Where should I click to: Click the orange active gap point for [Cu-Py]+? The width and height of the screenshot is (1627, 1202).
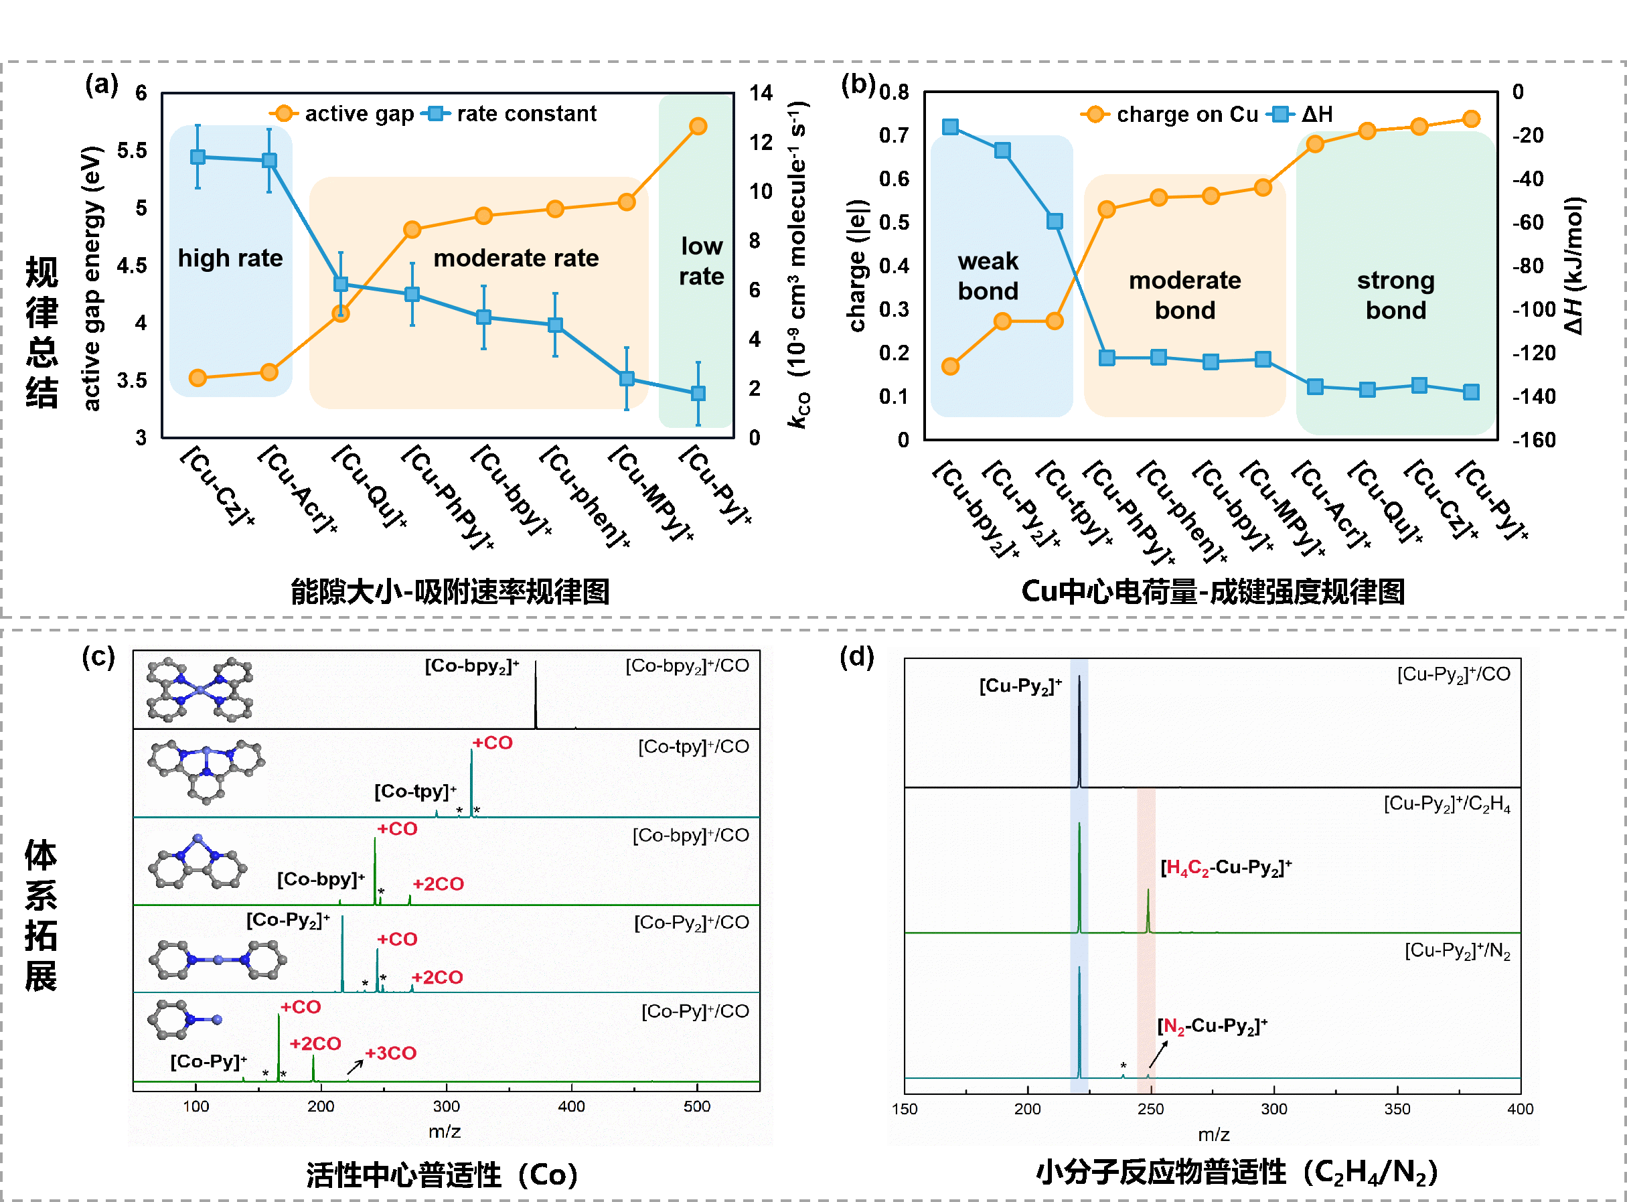click(698, 127)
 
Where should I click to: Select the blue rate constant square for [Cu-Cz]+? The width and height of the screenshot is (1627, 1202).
click(198, 157)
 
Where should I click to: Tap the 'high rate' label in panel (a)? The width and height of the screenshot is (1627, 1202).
click(230, 258)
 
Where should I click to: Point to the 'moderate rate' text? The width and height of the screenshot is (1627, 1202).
click(516, 258)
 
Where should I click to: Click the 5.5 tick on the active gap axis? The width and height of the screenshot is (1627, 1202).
click(132, 151)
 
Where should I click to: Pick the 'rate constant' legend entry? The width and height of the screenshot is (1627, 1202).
click(526, 115)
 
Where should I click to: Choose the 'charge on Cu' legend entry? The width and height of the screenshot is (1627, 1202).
click(1187, 115)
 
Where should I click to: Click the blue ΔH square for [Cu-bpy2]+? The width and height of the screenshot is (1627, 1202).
click(950, 127)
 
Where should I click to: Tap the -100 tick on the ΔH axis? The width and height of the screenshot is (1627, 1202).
click(1534, 310)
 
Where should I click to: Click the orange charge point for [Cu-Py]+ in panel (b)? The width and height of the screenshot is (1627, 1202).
click(1470, 119)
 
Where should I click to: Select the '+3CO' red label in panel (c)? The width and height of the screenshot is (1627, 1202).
click(390, 1053)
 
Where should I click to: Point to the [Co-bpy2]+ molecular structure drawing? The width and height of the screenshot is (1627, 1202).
click(200, 689)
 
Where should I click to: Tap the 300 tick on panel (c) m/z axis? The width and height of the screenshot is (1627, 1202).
click(446, 1107)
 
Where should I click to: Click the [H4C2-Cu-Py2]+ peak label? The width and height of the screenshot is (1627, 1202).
click(1225, 867)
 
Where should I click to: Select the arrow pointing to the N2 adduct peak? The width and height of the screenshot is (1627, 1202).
click(1158, 1054)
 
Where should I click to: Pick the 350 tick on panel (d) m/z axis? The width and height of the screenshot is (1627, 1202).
click(1397, 1109)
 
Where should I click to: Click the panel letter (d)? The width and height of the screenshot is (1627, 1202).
click(856, 657)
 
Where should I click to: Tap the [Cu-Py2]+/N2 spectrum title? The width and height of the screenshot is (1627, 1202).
click(1457, 951)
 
